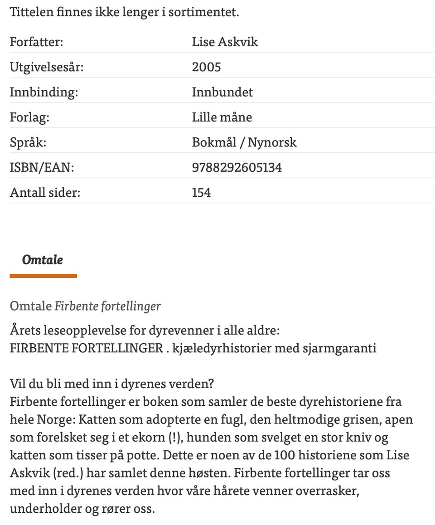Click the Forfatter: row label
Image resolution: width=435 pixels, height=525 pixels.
click(37, 42)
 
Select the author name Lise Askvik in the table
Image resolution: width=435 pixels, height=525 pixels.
click(225, 42)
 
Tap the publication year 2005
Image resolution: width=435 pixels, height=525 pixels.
click(207, 67)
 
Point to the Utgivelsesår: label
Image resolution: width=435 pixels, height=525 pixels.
click(47, 67)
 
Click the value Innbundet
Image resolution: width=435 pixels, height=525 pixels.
click(222, 92)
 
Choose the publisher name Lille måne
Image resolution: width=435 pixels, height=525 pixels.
click(222, 117)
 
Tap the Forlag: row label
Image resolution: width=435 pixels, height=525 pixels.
click(29, 117)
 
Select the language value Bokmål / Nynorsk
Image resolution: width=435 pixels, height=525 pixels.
click(244, 142)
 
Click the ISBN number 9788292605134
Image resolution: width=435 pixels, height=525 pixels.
click(237, 168)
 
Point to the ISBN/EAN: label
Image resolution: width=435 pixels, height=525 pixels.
click(42, 168)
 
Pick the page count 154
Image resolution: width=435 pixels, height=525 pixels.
click(202, 193)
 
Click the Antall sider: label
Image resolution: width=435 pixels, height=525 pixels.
click(45, 193)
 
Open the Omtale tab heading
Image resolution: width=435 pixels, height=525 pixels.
click(43, 260)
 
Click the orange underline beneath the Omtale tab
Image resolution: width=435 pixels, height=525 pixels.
click(43, 276)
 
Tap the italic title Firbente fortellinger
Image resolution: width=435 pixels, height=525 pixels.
click(108, 306)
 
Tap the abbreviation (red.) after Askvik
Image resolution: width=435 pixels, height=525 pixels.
click(67, 473)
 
